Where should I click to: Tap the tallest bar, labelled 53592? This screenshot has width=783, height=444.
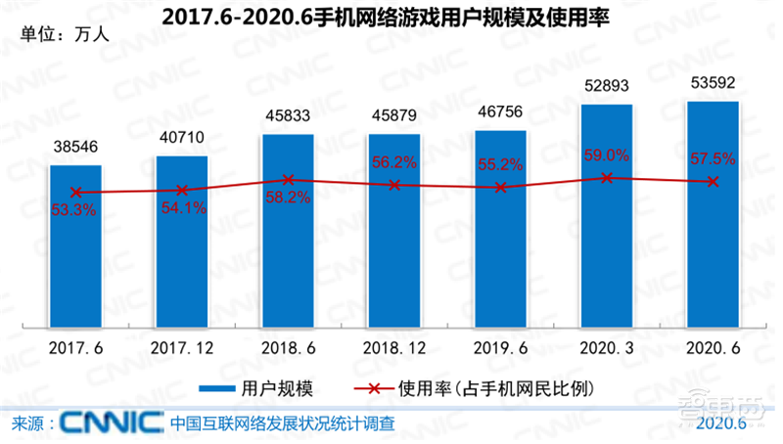click(x=713, y=214)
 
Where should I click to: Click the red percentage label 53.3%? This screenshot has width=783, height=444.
click(x=75, y=210)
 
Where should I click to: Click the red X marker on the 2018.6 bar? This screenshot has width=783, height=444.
click(x=288, y=179)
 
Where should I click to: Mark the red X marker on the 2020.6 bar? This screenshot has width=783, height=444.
click(x=713, y=182)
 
